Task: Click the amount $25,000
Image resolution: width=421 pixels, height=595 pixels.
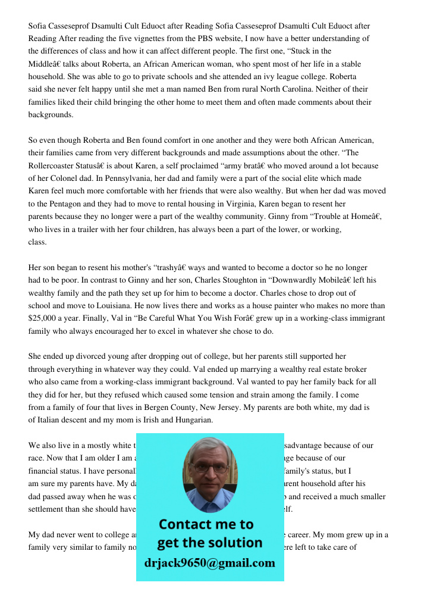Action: pos(44,318)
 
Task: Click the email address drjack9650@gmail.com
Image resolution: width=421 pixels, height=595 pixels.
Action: pos(209,563)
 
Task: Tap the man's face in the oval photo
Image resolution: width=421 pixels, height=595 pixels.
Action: pos(209,468)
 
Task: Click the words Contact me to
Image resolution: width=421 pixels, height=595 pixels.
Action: pos(206,524)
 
